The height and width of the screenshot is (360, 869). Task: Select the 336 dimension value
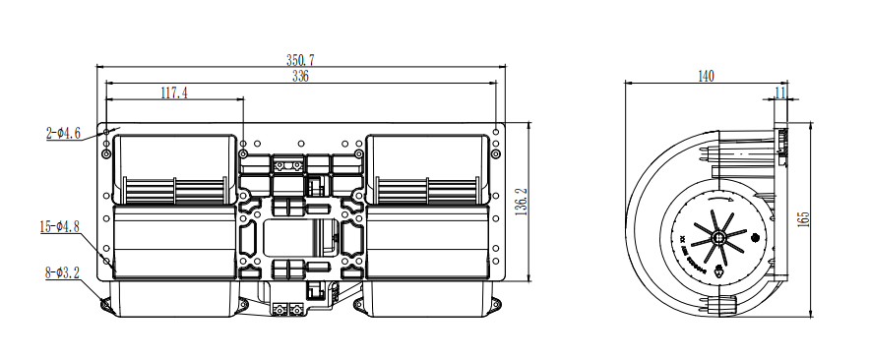point(300,77)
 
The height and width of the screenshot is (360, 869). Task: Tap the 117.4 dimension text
point(173,93)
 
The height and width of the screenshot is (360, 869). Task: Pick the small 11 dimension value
point(780,92)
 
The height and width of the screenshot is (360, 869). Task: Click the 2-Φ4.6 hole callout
point(63,133)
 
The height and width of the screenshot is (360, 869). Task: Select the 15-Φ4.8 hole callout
point(59,227)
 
